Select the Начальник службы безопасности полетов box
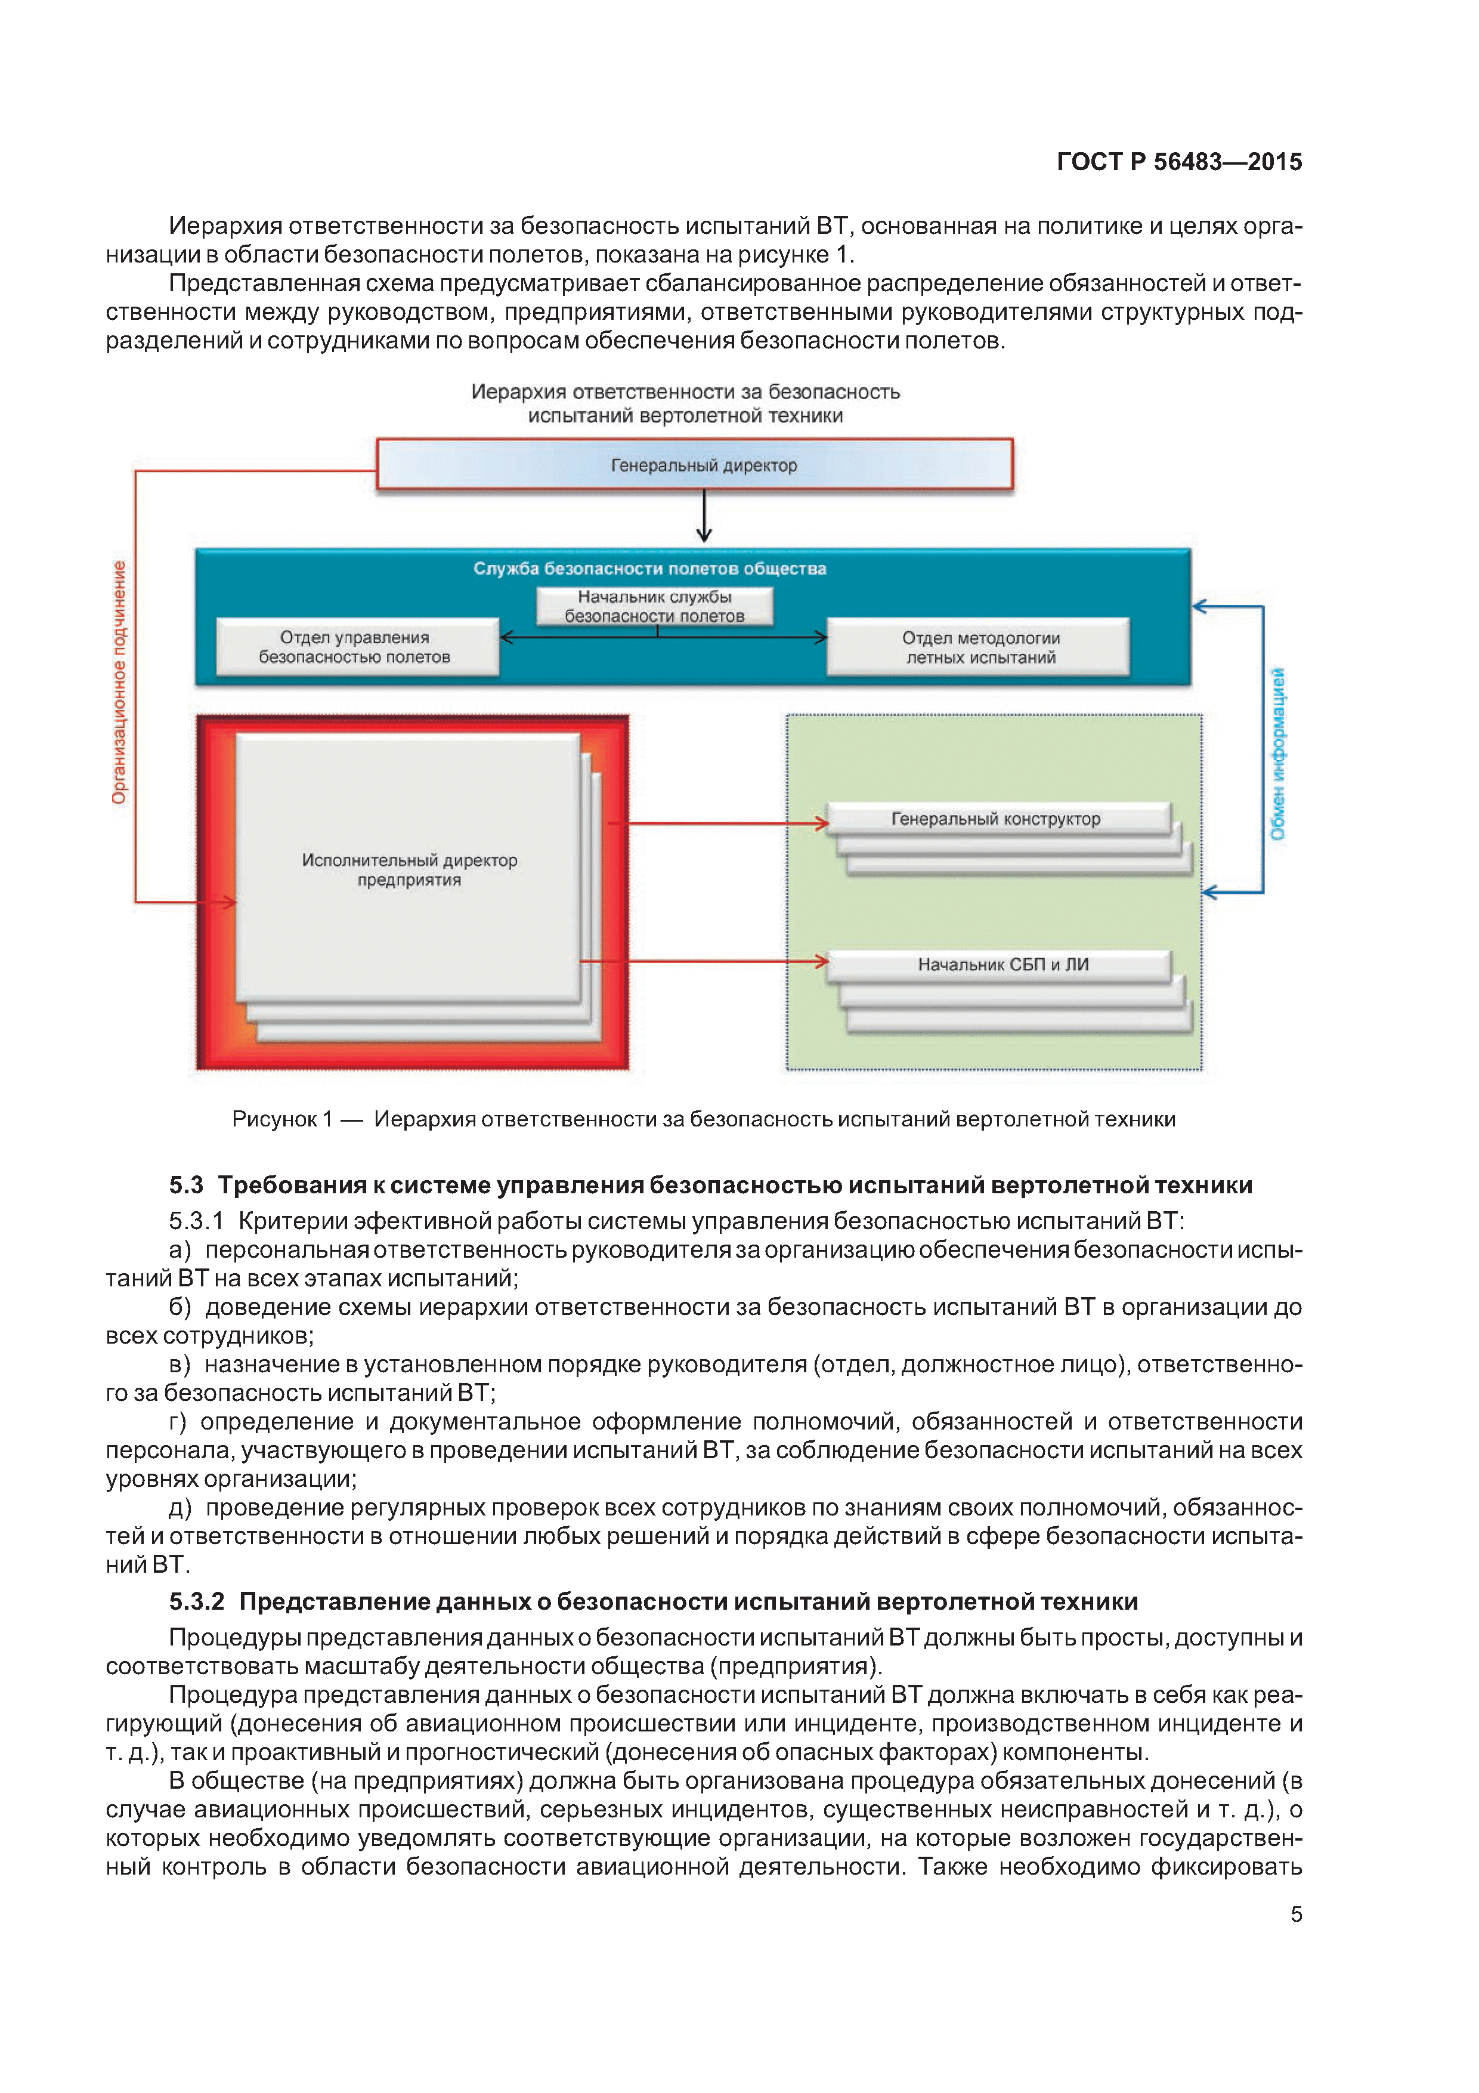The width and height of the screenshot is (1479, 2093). tap(654, 606)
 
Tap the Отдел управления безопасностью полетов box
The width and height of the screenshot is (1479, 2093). tap(355, 647)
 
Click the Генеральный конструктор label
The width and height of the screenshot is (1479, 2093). tap(995, 819)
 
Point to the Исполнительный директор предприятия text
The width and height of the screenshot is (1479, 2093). tap(409, 870)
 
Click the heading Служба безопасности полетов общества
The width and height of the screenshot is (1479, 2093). tap(649, 569)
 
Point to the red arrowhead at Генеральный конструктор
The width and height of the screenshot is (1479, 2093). tap(821, 824)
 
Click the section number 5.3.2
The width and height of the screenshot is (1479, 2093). tap(196, 1601)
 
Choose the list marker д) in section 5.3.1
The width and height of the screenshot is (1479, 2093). tap(180, 1508)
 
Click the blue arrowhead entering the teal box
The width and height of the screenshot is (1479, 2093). tap(1200, 606)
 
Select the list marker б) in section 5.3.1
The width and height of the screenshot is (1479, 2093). tap(180, 1307)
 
